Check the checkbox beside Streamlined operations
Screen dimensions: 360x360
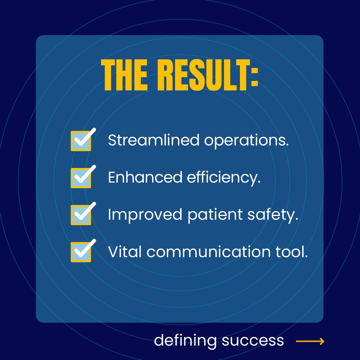click(x=81, y=140)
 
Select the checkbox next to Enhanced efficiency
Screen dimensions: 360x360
click(x=81, y=178)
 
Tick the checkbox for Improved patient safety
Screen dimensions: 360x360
click(x=81, y=215)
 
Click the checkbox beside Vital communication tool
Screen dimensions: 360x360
click(x=81, y=252)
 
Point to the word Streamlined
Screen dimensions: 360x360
click(x=154, y=140)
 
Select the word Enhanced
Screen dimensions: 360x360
click(x=145, y=177)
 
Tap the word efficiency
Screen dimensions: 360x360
click(x=224, y=178)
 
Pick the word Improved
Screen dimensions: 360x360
click(x=145, y=215)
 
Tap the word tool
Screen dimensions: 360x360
click(x=292, y=252)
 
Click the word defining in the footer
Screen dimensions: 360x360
click(x=185, y=341)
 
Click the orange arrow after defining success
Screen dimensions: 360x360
click(x=310, y=341)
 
